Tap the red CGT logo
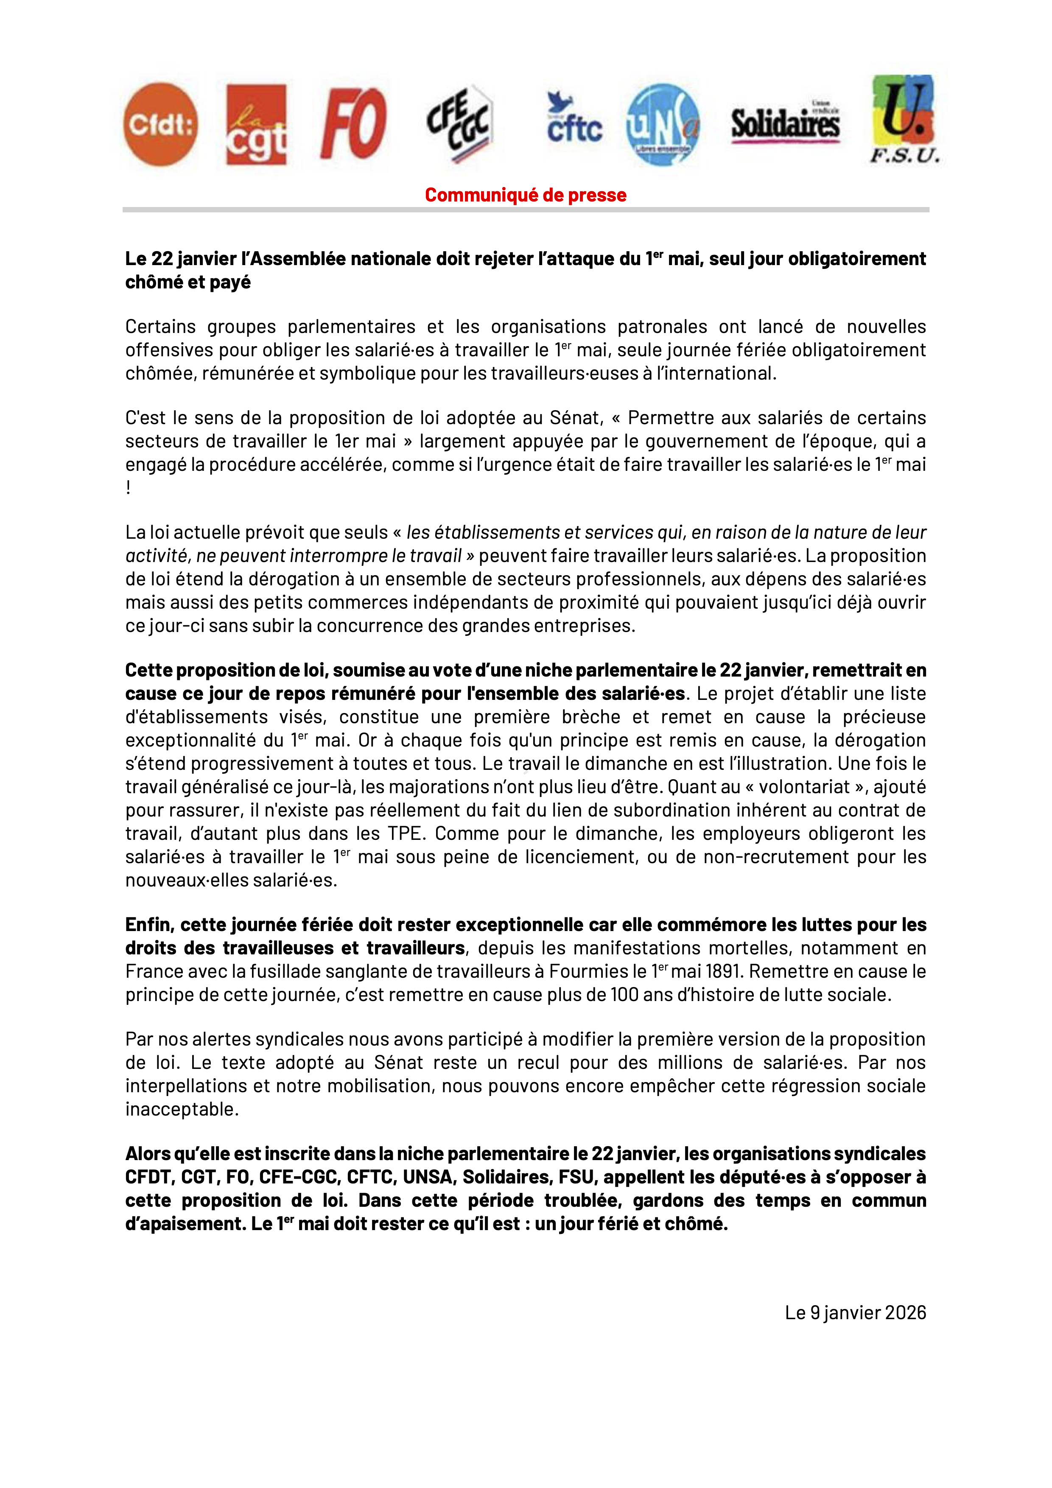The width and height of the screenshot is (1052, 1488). click(x=256, y=124)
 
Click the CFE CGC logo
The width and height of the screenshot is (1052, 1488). click(x=459, y=123)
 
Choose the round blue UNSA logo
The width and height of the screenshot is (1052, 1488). click(x=663, y=124)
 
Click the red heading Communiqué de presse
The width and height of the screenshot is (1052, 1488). click(x=525, y=194)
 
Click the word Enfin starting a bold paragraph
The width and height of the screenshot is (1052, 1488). click(x=148, y=924)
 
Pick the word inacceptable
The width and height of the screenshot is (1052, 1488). click(x=182, y=1109)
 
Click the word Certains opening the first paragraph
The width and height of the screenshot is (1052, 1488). click(x=160, y=327)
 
